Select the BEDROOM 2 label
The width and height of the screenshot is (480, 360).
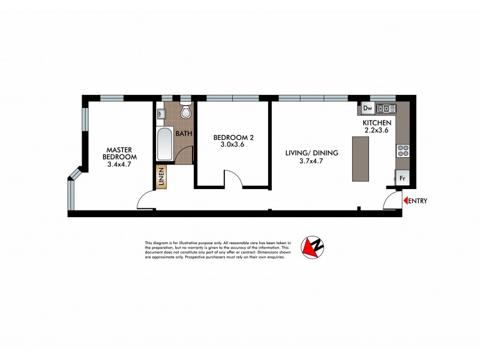point(232,137)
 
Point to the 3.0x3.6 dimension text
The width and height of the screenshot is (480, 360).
point(232,145)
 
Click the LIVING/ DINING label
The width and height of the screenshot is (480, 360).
point(312,154)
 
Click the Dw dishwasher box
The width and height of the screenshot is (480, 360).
point(368,108)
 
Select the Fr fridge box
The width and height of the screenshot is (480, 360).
point(402,179)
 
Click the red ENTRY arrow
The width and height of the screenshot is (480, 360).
point(406,201)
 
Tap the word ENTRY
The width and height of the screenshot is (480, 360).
point(418,201)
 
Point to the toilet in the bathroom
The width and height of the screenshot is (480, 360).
point(185,112)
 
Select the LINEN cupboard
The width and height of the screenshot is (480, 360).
point(161,178)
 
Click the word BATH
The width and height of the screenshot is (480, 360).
point(184,133)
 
